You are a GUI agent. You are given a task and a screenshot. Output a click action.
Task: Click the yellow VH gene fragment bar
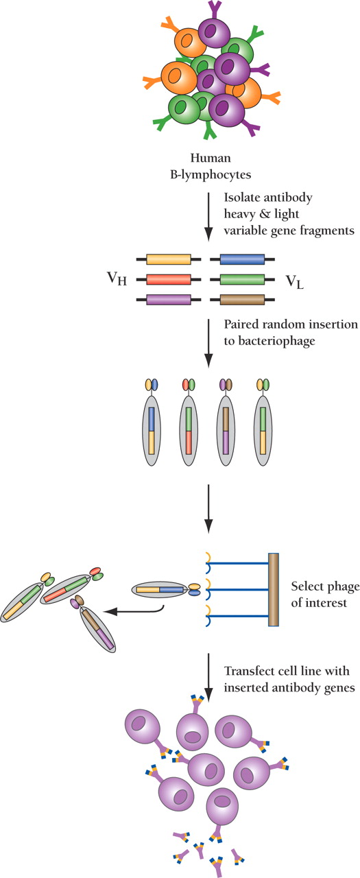point(169,259)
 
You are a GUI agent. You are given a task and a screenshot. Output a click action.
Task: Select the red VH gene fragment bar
point(169,279)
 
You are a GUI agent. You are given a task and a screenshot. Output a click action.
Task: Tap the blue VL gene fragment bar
point(242,259)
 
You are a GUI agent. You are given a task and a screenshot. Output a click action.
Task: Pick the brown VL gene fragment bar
point(242,300)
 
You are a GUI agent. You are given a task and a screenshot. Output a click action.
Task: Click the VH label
point(117,278)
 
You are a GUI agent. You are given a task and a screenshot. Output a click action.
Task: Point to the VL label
point(295,281)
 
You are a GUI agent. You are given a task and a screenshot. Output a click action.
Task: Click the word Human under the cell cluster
point(211,158)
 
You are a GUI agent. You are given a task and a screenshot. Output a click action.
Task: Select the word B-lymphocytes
point(211,175)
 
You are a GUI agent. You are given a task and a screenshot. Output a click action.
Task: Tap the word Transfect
point(249,671)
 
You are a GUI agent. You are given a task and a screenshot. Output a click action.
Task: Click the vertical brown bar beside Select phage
point(274,589)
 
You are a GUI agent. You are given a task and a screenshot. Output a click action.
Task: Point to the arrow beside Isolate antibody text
point(208,216)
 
